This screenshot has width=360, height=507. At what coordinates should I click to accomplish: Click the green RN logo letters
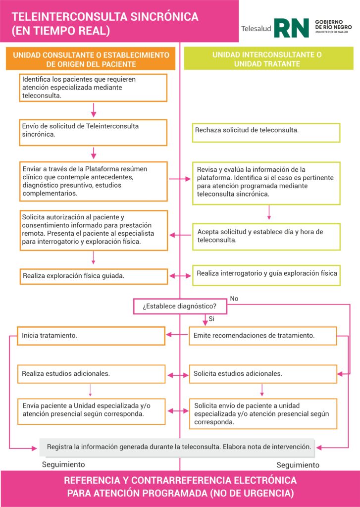(291, 28)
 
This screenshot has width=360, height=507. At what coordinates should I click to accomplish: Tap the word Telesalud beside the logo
(256, 29)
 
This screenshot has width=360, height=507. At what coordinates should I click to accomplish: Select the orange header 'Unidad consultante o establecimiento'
(91, 59)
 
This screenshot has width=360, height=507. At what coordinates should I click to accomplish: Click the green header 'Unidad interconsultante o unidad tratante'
(267, 59)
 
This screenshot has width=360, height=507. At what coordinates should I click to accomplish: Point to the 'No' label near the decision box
(234, 299)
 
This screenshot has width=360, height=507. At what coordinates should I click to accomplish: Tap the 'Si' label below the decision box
(211, 318)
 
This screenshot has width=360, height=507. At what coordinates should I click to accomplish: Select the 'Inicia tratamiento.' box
(91, 336)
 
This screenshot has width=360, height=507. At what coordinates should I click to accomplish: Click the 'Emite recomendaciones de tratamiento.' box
(262, 336)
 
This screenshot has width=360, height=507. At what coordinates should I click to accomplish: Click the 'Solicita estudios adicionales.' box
(262, 374)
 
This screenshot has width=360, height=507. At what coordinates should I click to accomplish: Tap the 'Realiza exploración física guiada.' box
(94, 276)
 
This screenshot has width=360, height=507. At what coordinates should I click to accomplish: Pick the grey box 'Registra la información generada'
(178, 447)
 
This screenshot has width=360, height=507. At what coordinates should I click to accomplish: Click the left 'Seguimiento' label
(63, 464)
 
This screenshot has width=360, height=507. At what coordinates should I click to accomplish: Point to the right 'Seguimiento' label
(298, 465)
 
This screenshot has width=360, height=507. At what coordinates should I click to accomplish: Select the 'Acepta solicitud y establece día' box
(266, 236)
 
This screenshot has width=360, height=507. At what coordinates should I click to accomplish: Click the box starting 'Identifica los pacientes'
(93, 87)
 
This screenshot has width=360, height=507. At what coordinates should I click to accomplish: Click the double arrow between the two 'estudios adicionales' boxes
(177, 375)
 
